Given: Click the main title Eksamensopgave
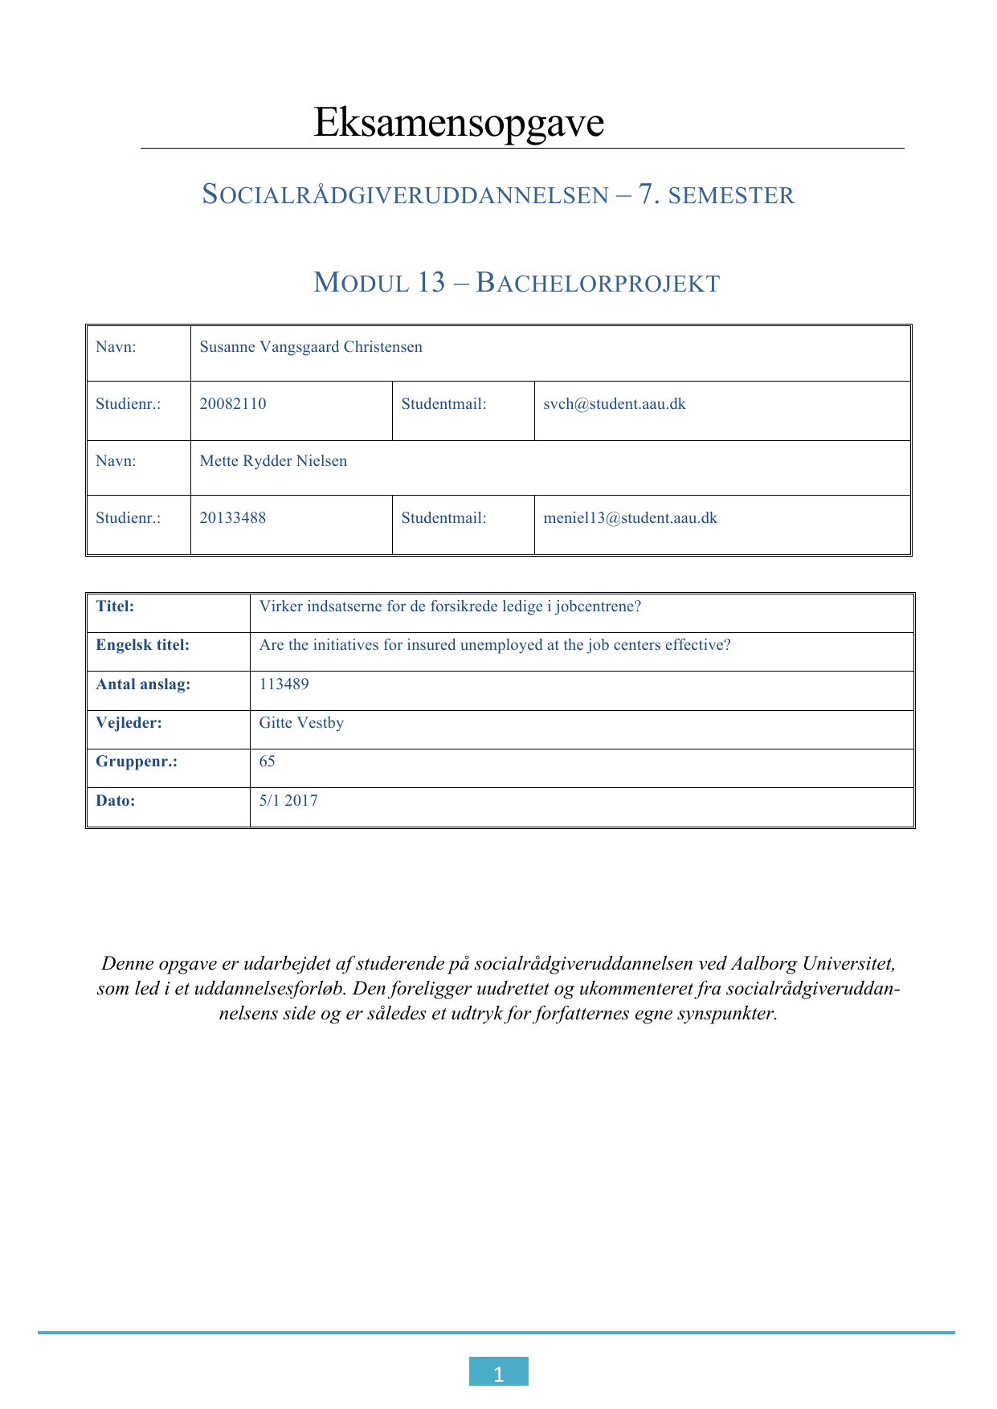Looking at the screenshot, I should pos(458,123).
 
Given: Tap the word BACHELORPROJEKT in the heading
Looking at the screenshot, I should pos(598,284).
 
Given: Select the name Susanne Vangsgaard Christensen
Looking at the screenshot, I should pos(311,347).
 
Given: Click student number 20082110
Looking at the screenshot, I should pos(233,404).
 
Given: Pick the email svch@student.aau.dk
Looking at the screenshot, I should pos(615,404).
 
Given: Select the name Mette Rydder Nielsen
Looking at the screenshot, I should pos(273,461).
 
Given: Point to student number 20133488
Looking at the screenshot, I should pos(233,518).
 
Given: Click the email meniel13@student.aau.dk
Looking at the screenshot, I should pos(630,518).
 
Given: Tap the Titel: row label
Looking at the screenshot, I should pos(115,606).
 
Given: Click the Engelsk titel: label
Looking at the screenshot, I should pos(143,645).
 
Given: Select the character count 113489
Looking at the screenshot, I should pos(284,684).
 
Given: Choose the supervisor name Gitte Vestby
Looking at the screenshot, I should pos(301,723).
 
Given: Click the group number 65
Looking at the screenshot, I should pos(267,762).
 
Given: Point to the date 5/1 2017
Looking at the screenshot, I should pos(288,801).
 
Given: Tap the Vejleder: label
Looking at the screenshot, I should pos(129,723).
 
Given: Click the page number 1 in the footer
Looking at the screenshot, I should pos(498,1374).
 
